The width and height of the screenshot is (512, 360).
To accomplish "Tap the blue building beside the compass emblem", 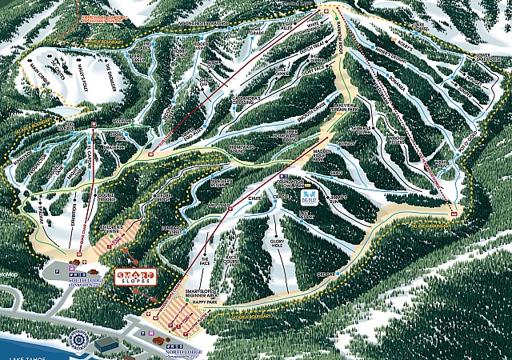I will (106, 342).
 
